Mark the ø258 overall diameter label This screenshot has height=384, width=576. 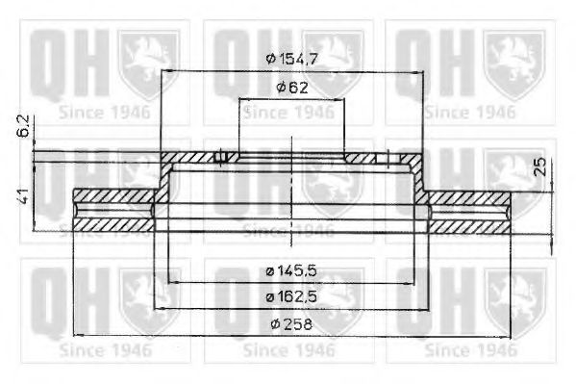[289, 324]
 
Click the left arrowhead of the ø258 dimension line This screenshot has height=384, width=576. [78, 335]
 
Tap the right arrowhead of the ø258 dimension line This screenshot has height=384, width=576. [505, 335]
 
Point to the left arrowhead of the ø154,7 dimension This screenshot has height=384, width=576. [166, 71]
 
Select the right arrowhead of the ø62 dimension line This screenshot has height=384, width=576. [341, 100]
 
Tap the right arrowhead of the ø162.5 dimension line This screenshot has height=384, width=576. [423, 309]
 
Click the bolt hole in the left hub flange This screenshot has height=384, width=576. [221, 158]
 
